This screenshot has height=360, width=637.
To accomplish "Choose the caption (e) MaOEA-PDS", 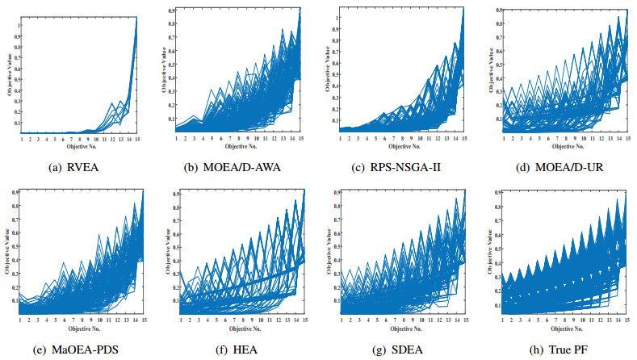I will (x=79, y=349).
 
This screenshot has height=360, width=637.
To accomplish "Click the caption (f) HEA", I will (x=240, y=349).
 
